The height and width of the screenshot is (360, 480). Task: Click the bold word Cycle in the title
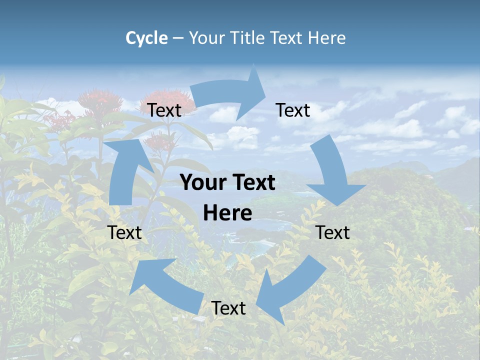coord(146,38)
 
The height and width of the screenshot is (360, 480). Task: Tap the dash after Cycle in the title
coord(178,38)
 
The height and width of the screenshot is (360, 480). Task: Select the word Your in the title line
coord(206,38)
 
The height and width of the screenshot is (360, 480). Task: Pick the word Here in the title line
coord(327,38)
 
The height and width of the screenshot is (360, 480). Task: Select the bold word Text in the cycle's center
coord(252,183)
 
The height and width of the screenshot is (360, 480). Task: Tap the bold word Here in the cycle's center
coord(227,213)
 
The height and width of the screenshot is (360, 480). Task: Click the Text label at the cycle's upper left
coord(164,110)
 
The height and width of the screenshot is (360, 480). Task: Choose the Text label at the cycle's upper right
coord(293,110)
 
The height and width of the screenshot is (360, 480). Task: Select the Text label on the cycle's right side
coord(332,232)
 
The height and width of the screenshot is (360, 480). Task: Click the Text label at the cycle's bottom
coord(228,308)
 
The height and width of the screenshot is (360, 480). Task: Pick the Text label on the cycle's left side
coord(124,232)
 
